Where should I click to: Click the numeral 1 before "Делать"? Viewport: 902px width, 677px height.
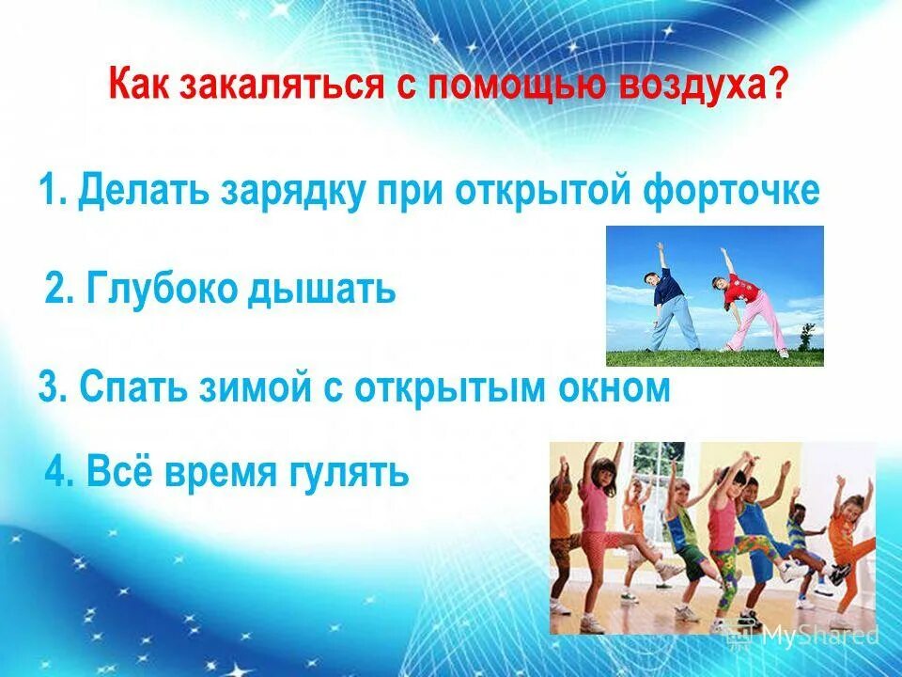[49, 191]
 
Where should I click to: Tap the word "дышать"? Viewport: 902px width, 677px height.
[321, 289]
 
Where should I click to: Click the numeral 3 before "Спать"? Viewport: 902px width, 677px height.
[49, 386]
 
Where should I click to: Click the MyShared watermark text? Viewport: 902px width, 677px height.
[817, 635]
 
